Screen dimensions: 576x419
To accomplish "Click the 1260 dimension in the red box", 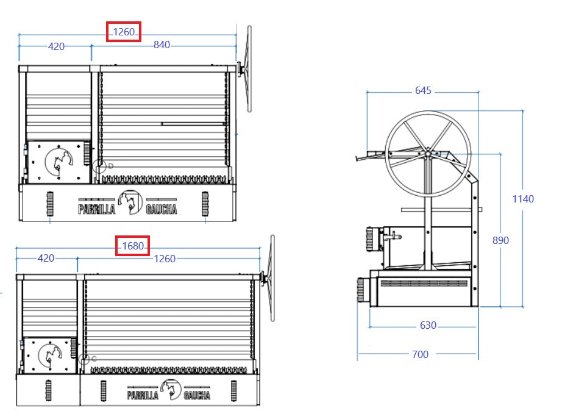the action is [x=124, y=32].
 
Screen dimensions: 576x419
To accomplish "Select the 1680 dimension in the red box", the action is [x=133, y=246].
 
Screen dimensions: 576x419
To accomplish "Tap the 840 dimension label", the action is [x=162, y=45].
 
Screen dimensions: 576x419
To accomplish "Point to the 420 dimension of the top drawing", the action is [x=56, y=46].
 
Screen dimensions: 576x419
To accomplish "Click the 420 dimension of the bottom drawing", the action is [x=46, y=258].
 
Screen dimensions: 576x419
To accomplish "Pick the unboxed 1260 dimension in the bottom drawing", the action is [x=165, y=259].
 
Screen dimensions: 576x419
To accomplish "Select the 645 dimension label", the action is [x=423, y=90].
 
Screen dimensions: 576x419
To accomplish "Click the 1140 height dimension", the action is [x=523, y=199].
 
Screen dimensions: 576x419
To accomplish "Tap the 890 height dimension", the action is [x=500, y=240].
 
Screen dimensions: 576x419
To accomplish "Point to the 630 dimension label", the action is [x=428, y=325].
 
